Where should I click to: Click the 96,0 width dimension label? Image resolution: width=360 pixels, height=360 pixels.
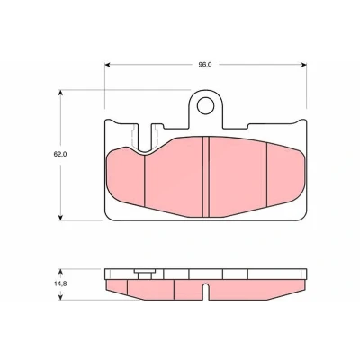205,65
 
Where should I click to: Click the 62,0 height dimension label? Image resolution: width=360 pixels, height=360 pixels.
60,154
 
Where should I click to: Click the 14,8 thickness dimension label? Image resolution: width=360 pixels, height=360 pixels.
60,284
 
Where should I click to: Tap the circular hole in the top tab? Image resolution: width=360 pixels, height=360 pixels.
205,105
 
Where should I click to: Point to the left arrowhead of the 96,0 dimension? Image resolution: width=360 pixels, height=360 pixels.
107,65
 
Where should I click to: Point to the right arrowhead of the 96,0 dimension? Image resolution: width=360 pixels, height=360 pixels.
303,65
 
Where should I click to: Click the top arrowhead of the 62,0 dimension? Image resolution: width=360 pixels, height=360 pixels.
60,93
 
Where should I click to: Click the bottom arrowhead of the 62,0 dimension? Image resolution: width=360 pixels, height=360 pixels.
60,217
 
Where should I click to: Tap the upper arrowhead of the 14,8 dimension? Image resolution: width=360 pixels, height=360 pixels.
60,272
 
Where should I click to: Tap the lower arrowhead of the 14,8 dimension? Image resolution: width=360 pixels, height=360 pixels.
60,297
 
